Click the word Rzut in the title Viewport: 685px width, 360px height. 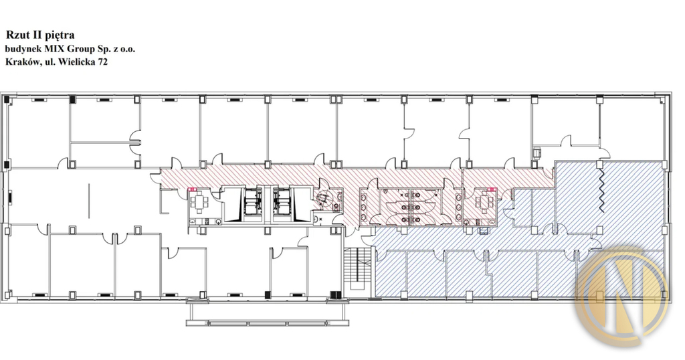coord(16,35)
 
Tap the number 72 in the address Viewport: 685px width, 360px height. coord(102,62)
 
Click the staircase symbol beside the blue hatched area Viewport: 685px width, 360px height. coord(357,268)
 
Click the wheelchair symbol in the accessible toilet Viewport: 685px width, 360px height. coord(324,199)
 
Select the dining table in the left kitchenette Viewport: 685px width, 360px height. coord(199,202)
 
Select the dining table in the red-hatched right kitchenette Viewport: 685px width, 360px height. coord(485,201)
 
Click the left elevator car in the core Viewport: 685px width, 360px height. coord(252,203)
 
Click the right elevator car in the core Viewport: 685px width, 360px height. coord(282,203)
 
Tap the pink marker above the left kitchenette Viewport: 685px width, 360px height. coord(192,189)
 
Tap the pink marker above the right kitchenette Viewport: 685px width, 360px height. coord(492,189)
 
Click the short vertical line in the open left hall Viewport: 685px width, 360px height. coord(89,201)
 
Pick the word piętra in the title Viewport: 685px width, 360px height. coord(60,35)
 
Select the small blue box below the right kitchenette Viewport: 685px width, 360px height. coord(483,232)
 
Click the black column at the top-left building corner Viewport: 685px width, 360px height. coord(7,99)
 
